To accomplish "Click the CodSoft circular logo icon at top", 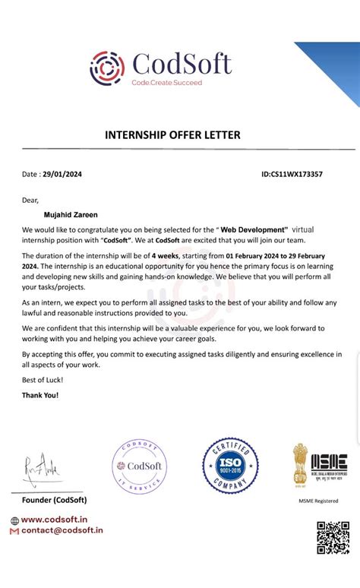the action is (107, 66).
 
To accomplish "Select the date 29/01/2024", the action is (62, 175).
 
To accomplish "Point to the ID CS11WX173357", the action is (292, 175).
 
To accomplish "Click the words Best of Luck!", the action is (43, 379).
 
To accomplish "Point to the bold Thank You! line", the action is (40, 395).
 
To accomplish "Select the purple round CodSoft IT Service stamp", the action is (139, 466).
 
